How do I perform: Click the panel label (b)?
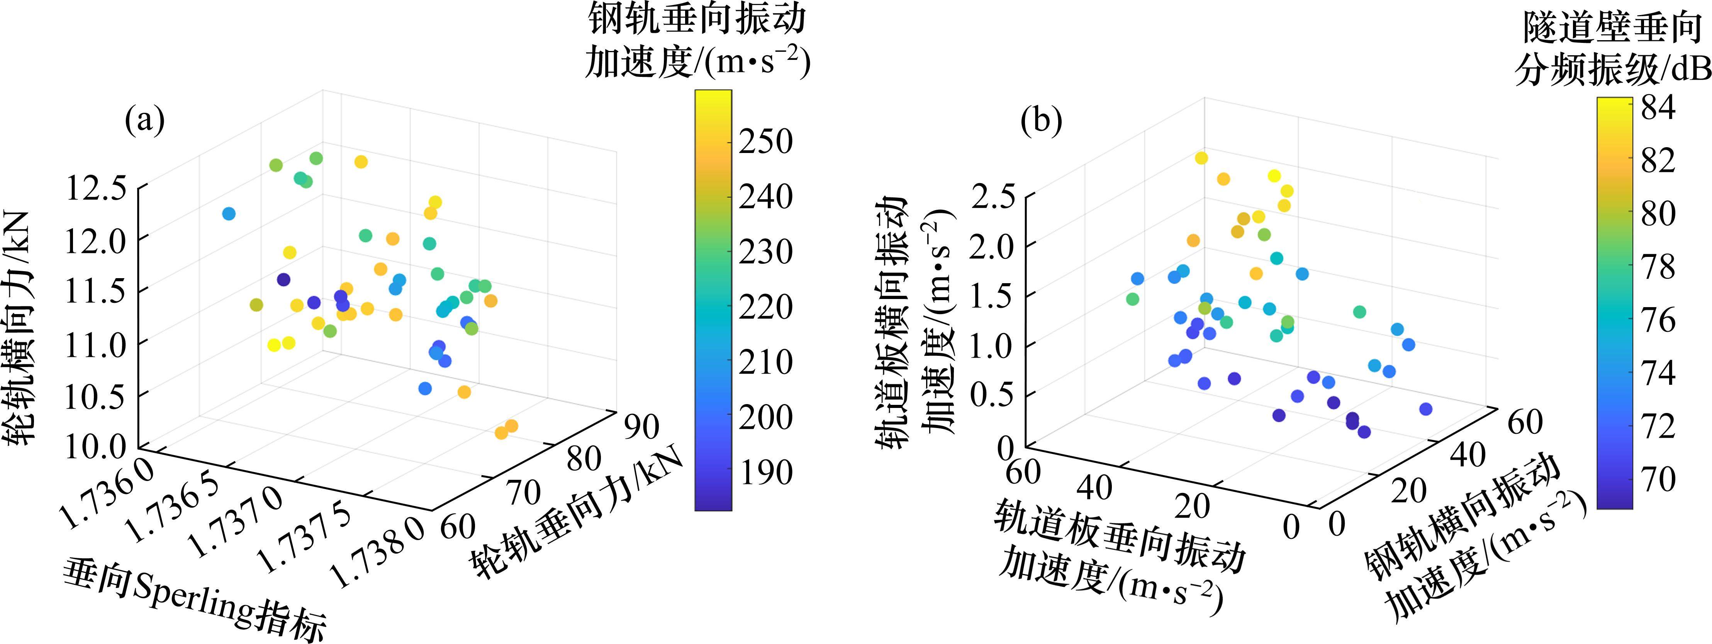[1042, 122]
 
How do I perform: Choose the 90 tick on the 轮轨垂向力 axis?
[640, 427]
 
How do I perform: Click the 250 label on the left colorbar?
[765, 141]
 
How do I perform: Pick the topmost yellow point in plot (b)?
[1201, 158]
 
